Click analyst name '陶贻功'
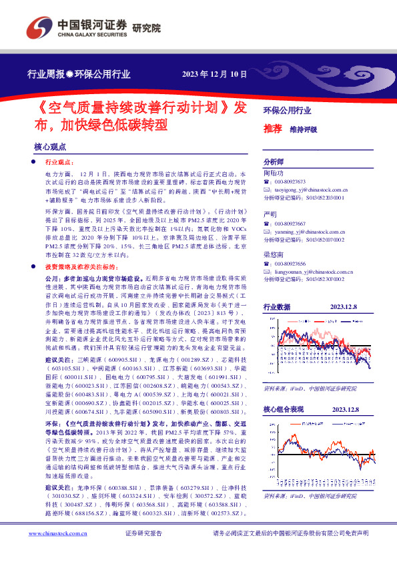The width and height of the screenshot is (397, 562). click(x=274, y=172)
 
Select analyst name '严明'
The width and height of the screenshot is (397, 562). click(x=270, y=214)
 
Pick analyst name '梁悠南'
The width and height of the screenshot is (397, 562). click(x=274, y=255)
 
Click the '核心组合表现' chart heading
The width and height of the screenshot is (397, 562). click(x=283, y=409)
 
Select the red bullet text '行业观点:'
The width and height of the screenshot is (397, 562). click(x=59, y=162)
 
